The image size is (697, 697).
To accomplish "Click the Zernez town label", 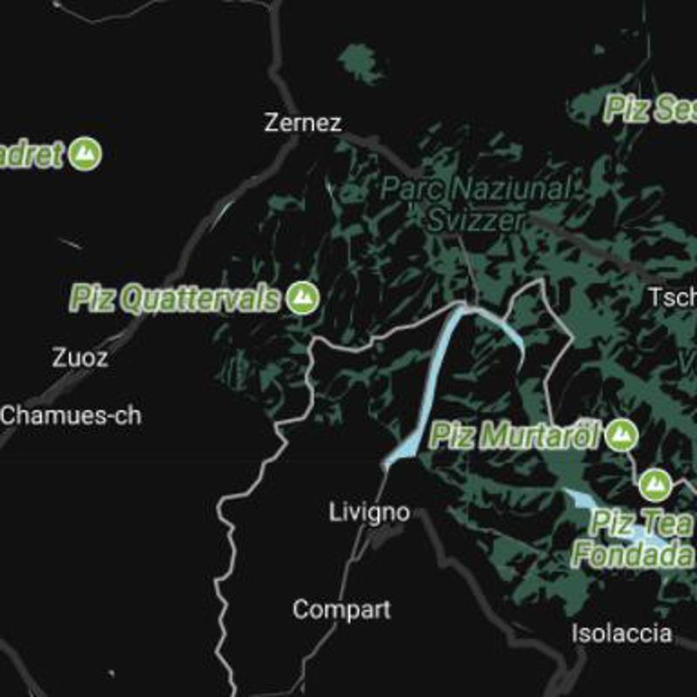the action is pyautogui.click(x=303, y=123).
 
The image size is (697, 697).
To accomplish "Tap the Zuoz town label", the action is pyautogui.click(x=80, y=357).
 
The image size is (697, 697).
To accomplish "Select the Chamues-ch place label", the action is pyautogui.click(x=71, y=415).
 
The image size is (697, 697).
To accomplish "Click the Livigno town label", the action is pyautogui.click(x=369, y=512).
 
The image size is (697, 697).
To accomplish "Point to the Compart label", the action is pyautogui.click(x=342, y=609).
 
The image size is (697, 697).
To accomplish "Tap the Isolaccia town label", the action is pyautogui.click(x=621, y=633).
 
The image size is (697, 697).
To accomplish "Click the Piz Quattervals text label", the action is pyautogui.click(x=176, y=299).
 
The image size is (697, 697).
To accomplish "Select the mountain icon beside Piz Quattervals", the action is pyautogui.click(x=303, y=298).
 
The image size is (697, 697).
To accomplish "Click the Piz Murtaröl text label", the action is pyautogui.click(x=516, y=435).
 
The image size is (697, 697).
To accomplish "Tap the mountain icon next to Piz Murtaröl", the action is pyautogui.click(x=621, y=434).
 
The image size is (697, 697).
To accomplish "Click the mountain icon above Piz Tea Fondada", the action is pyautogui.click(x=654, y=485).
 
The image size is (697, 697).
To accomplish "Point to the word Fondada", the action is pyautogui.click(x=633, y=553).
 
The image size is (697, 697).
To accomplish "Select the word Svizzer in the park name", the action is pyautogui.click(x=476, y=220).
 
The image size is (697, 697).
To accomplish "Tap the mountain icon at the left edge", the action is pyautogui.click(x=85, y=154).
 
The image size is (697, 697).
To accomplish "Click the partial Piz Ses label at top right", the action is pyautogui.click(x=650, y=110).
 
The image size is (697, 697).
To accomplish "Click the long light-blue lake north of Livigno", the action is pyautogui.click(x=433, y=375).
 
